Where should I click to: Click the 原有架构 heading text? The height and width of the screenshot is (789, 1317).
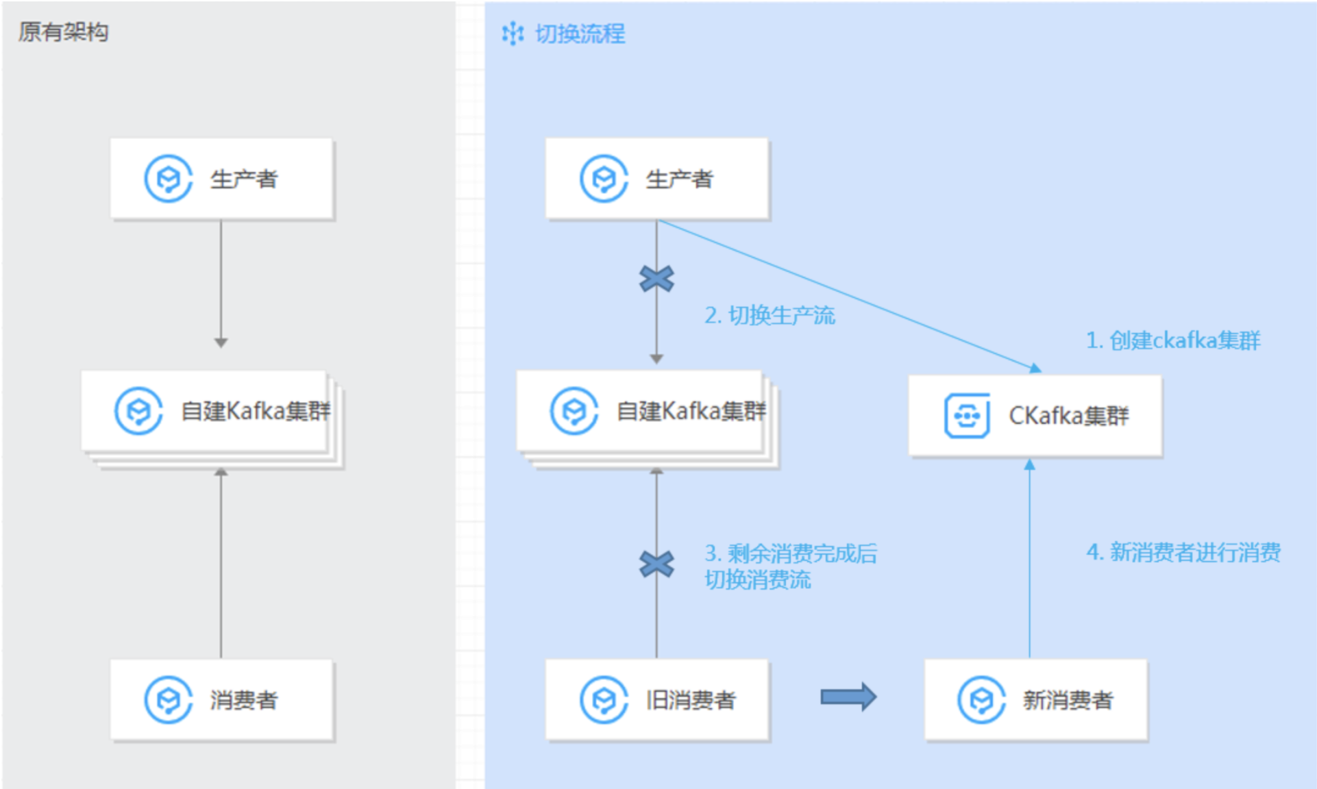tap(63, 32)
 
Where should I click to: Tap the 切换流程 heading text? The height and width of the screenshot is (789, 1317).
tap(580, 34)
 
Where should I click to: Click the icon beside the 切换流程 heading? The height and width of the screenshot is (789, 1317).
tap(513, 34)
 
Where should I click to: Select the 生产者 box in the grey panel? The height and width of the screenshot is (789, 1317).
tap(222, 179)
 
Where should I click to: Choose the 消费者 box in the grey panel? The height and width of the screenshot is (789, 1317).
tap(222, 700)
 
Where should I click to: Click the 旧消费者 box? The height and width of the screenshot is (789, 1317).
tap(657, 700)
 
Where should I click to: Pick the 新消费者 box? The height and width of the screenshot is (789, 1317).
tap(1035, 700)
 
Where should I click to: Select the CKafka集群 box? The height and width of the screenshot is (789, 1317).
tap(1035, 415)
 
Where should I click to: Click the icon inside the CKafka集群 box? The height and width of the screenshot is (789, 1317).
tap(966, 415)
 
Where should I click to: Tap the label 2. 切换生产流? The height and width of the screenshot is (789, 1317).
tap(770, 315)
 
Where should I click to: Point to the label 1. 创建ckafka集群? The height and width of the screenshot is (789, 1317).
tap(1172, 340)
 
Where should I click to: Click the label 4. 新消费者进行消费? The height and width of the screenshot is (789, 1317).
tap(1183, 552)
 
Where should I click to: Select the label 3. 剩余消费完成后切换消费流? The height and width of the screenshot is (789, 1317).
tap(790, 566)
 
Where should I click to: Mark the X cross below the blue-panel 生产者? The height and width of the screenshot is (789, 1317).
tap(656, 279)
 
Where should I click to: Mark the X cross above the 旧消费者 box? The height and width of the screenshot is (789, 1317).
tap(656, 564)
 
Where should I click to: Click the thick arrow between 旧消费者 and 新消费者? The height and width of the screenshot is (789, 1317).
tap(848, 697)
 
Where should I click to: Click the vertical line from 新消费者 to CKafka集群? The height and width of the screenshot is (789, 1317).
tap(1029, 562)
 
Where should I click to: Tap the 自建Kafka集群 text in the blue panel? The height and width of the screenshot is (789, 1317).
tap(691, 411)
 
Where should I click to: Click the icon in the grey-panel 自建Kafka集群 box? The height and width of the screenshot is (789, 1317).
tap(138, 411)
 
